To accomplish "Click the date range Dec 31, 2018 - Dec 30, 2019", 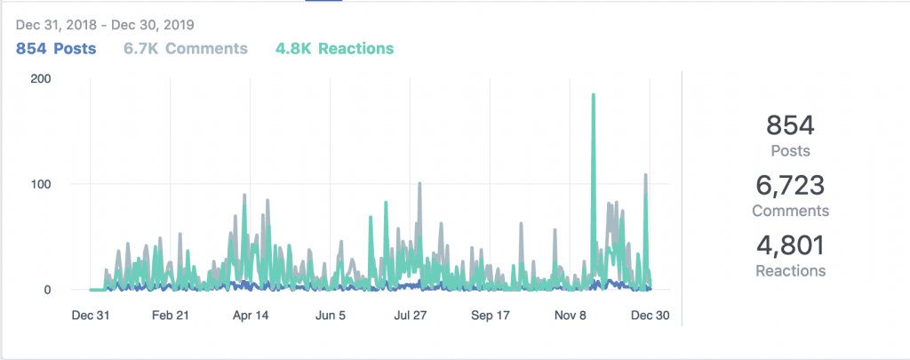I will tap(105, 24).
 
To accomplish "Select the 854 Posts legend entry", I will tap(56, 47).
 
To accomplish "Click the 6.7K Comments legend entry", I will tap(185, 47).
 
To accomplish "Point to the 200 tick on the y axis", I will tap(40, 78).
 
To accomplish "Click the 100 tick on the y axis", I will tap(40, 184).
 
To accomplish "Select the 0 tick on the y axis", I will tap(46, 290).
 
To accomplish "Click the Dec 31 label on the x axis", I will tap(91, 315).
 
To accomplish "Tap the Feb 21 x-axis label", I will tap(171, 315).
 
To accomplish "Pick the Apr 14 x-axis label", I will tap(251, 315).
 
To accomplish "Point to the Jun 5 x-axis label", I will tap(331, 315).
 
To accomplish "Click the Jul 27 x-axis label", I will tap(411, 315).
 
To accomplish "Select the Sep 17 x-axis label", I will tap(491, 315).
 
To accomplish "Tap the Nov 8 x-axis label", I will tap(571, 315).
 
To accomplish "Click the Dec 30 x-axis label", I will tap(650, 315).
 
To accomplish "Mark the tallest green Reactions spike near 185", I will tap(593, 96).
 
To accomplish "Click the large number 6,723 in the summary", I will tap(790, 186).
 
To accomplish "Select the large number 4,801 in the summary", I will tap(790, 245).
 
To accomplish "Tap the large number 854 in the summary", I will tap(790, 125).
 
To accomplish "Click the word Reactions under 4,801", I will tap(790, 270).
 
